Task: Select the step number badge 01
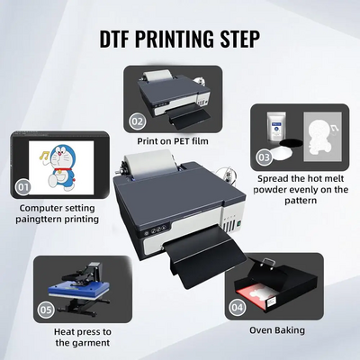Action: pos(22,187)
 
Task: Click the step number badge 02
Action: pos(138,121)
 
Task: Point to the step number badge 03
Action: pos(264,157)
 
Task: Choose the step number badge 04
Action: pos(237,307)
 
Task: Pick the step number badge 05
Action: pos(46,310)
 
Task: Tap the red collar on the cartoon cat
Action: pos(64,171)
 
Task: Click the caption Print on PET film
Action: pos(173,141)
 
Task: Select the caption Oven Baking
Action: pos(277,330)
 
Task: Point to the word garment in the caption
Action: pos(91,343)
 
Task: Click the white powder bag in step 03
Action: pos(276,127)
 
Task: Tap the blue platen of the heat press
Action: pos(78,287)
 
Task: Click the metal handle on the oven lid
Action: pos(267,263)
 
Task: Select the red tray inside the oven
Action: pos(255,296)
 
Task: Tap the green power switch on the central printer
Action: pos(239,223)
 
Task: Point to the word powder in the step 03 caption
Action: pos(271,190)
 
